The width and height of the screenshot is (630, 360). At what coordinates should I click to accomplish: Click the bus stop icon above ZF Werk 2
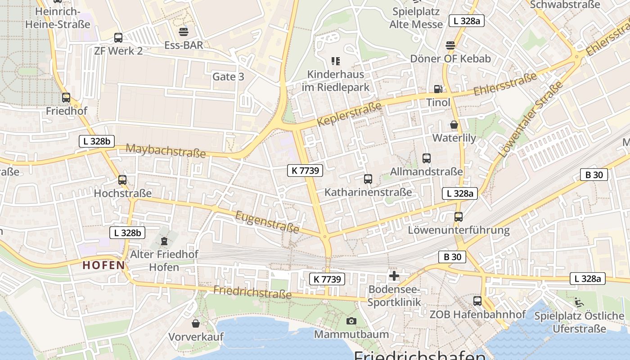tap(118, 38)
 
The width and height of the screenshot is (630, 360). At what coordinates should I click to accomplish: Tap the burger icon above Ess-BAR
tap(183, 32)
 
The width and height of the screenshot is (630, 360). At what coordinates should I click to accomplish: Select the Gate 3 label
tap(228, 77)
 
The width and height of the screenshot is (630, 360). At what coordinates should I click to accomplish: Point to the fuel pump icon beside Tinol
tap(438, 89)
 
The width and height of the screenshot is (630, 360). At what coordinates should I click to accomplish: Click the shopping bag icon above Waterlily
tap(454, 125)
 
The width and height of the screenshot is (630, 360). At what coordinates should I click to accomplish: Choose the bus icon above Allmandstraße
tap(427, 158)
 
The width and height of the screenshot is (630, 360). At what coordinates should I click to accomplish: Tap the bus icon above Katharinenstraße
tap(368, 179)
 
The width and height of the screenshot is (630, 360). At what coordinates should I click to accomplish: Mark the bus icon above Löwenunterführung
tap(459, 217)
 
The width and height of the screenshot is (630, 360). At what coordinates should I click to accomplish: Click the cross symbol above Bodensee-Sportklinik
tap(394, 275)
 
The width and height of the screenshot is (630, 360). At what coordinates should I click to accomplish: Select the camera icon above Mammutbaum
tap(351, 321)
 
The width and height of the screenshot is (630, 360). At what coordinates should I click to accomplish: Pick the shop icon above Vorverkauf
tap(196, 324)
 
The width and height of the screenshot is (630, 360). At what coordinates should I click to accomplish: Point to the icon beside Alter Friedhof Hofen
tap(164, 241)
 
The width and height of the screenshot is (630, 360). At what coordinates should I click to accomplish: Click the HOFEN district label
tap(103, 265)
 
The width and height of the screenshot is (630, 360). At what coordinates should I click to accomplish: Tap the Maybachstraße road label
tap(166, 151)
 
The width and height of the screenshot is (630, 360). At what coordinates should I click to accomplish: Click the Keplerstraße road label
tap(349, 114)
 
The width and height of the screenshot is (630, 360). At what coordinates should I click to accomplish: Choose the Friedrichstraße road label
tap(252, 292)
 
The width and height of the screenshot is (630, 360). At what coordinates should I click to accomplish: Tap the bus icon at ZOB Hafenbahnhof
tap(477, 301)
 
